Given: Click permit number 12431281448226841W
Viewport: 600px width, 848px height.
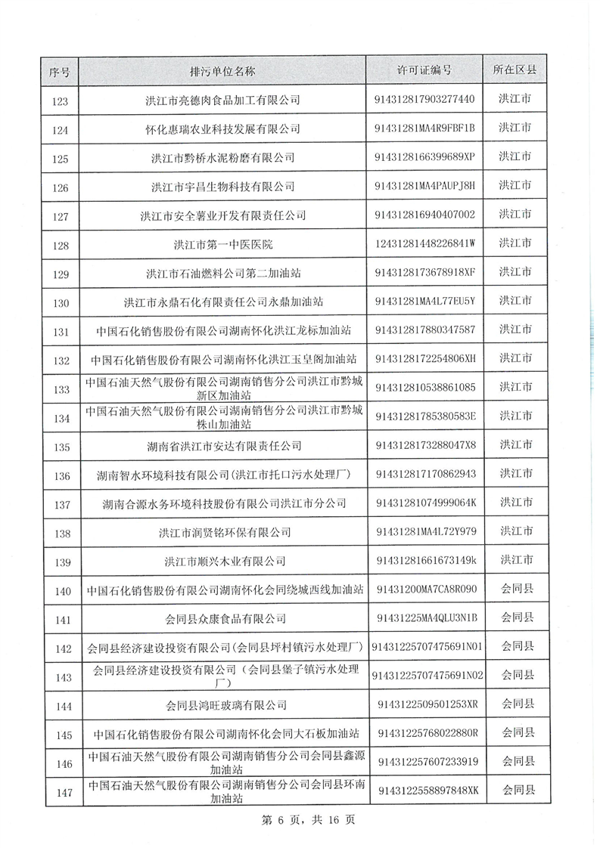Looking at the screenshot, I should pos(424,243).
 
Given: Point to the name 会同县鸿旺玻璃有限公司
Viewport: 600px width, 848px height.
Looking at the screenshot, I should pos(226,706).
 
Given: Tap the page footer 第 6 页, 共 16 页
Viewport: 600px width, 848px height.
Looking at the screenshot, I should pos(300,820).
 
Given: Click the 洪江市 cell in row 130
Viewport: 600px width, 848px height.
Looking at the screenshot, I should pos(515,301).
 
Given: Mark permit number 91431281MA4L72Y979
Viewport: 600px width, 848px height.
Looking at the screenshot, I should pos(426,532).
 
